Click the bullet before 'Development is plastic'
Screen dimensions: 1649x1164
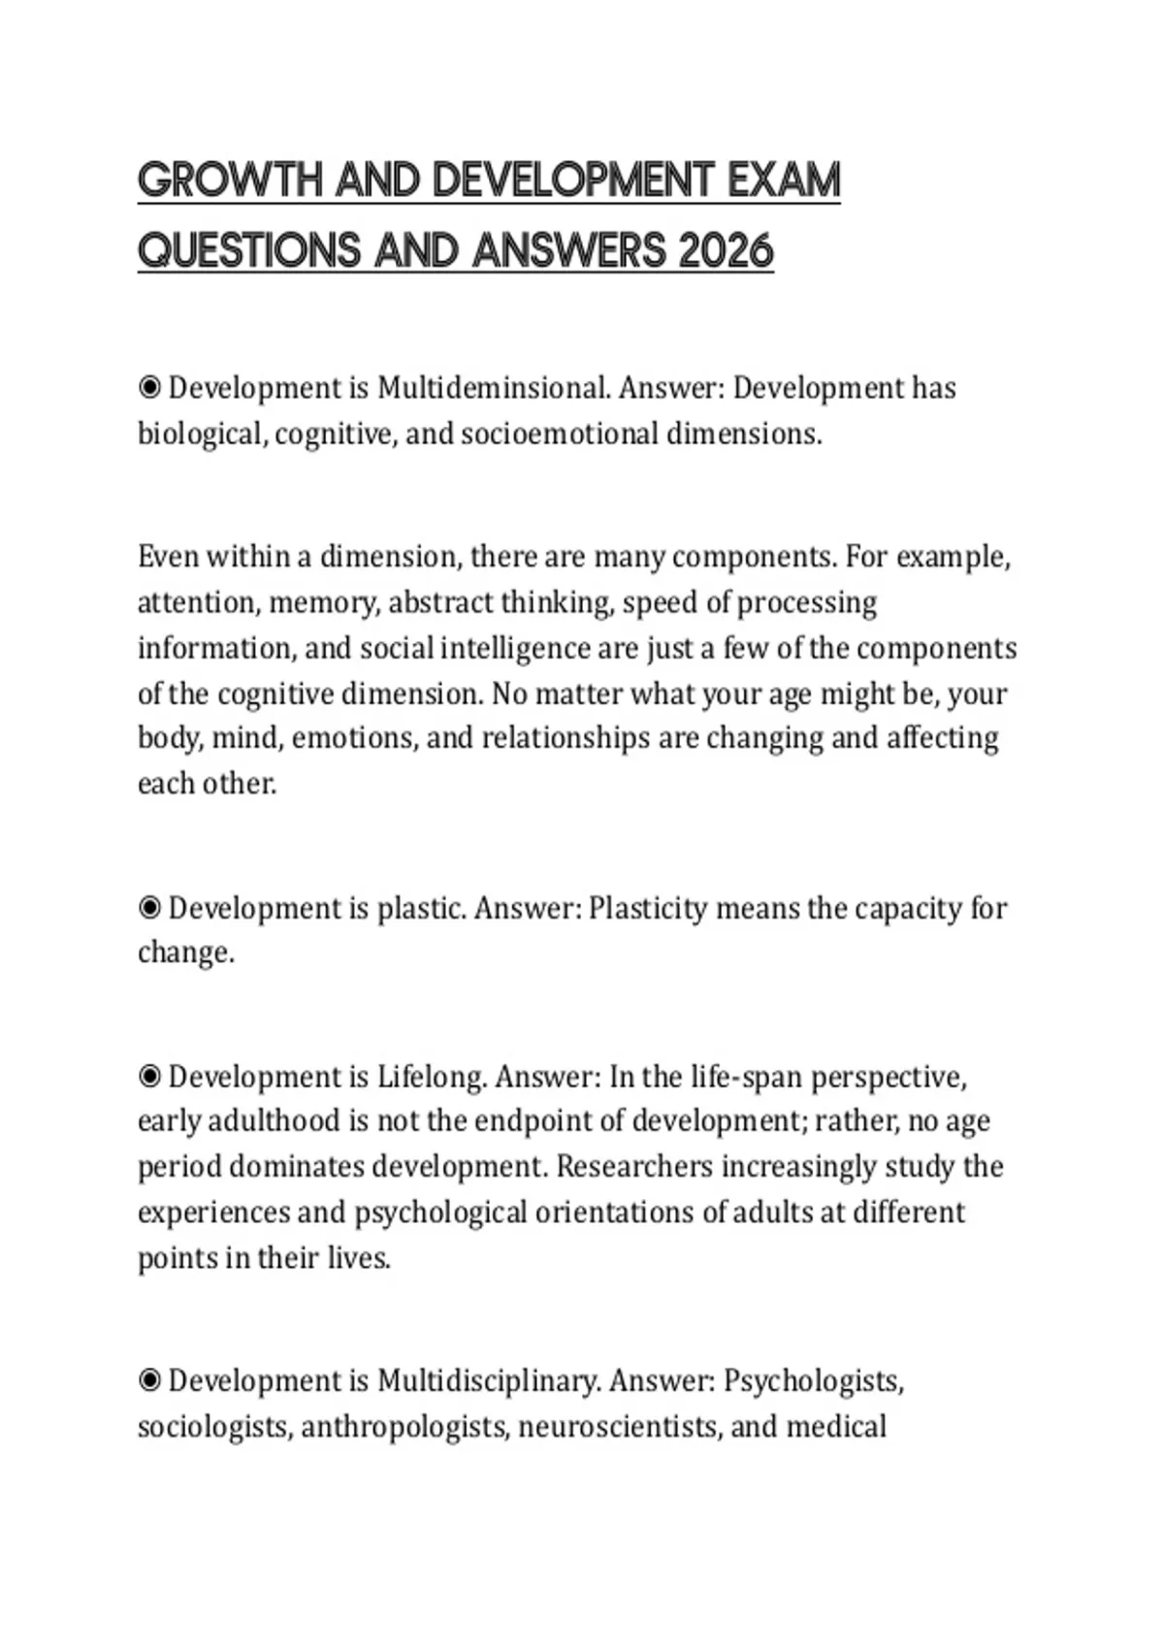coord(149,909)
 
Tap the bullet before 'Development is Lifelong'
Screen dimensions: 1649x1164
coord(149,1077)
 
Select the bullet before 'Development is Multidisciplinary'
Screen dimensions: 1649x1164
coord(149,1380)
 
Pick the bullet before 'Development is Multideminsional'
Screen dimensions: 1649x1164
coord(149,388)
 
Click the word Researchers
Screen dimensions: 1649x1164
coord(634,1167)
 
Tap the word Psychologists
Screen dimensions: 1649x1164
coord(813,1380)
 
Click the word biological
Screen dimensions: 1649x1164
coord(201,434)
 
